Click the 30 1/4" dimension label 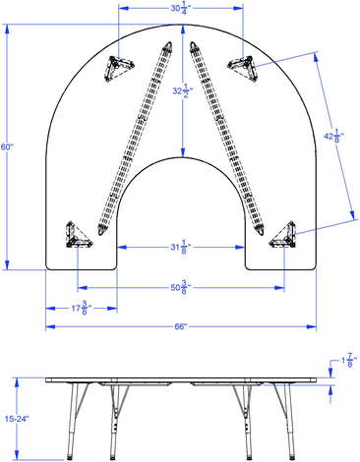[180, 9]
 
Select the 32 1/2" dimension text [182, 91]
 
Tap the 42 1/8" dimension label [333, 137]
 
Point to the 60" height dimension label [7, 147]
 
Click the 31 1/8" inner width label [180, 247]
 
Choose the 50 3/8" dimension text [180, 288]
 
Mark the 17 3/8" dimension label [82, 308]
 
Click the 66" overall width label [180, 326]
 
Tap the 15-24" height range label [18, 419]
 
